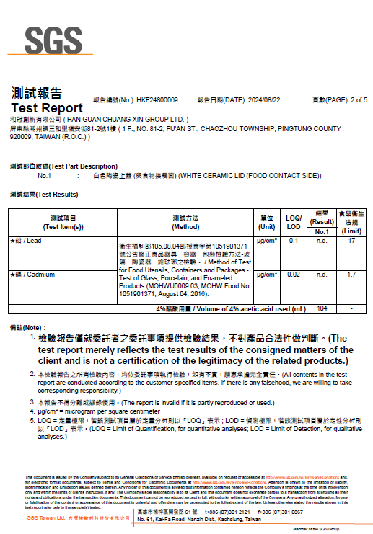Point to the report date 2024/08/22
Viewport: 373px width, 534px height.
(265, 100)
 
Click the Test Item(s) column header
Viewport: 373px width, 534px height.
(63, 222)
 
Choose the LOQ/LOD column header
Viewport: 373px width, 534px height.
(294, 222)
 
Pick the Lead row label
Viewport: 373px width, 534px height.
(26, 241)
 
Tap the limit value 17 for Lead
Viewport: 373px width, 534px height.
(351, 241)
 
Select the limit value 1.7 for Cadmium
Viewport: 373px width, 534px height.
(351, 275)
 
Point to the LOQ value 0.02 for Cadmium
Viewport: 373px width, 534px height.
(294, 275)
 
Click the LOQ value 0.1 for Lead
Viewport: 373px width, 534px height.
(294, 241)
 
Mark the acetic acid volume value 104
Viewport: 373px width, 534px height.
(322, 308)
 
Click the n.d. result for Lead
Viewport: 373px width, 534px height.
(322, 241)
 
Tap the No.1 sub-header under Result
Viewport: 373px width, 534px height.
(322, 231)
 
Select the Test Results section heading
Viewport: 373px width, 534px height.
(44, 195)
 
